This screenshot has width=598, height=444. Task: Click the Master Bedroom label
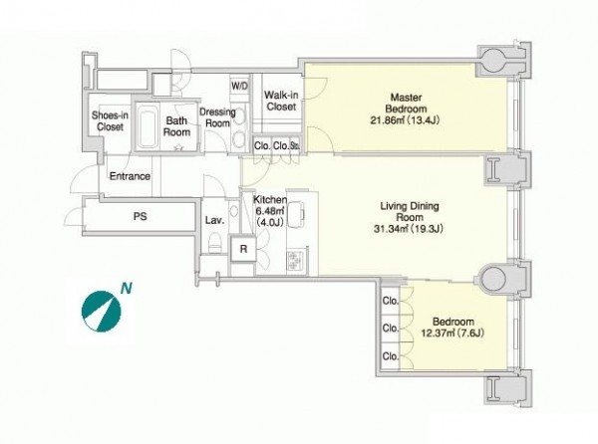pyautogui.click(x=406, y=103)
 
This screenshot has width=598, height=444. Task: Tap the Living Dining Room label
pyautogui.click(x=410, y=212)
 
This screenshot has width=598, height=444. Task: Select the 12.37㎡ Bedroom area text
pyautogui.click(x=452, y=333)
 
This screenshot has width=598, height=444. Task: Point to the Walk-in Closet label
pyautogui.click(x=281, y=101)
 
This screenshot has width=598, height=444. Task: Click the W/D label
pyautogui.click(x=239, y=86)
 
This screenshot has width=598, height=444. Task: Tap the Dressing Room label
pyautogui.click(x=217, y=117)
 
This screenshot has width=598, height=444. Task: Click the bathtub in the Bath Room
pyautogui.click(x=148, y=126)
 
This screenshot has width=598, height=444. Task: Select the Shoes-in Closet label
pyautogui.click(x=110, y=120)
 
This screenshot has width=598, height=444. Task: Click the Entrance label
pyautogui.click(x=130, y=176)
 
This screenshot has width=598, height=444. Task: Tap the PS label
pyautogui.click(x=140, y=216)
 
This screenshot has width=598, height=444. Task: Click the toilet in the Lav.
pyautogui.click(x=215, y=244)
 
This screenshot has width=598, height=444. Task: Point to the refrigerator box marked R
pyautogui.click(x=243, y=249)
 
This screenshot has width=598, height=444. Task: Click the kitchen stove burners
pyautogui.click(x=294, y=261)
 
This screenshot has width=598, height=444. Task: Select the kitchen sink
pyautogui.click(x=296, y=212)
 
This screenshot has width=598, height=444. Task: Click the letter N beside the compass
pyautogui.click(x=127, y=289)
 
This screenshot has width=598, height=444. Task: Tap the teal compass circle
pyautogui.click(x=101, y=312)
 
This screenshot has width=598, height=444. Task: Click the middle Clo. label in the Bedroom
pyautogui.click(x=391, y=328)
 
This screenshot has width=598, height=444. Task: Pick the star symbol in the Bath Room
pyautogui.click(x=178, y=147)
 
